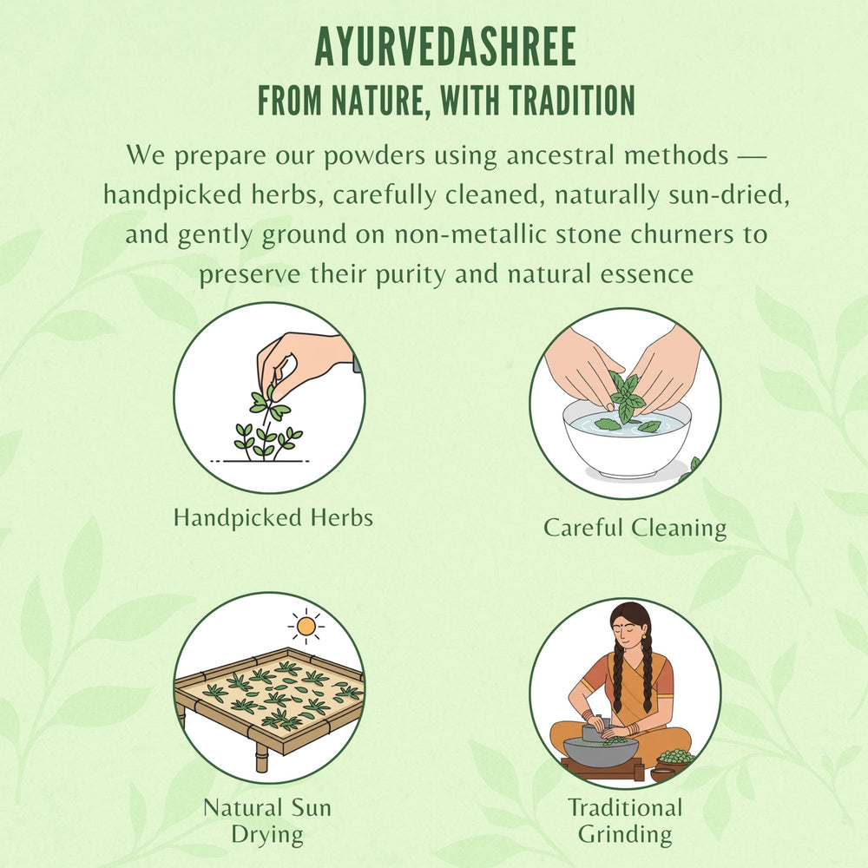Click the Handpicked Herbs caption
click(x=273, y=518)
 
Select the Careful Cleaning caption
click(x=635, y=527)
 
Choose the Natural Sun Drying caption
click(x=266, y=820)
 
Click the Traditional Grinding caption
click(x=625, y=820)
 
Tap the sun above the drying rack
click(x=305, y=625)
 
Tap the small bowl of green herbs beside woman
click(x=674, y=759)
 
